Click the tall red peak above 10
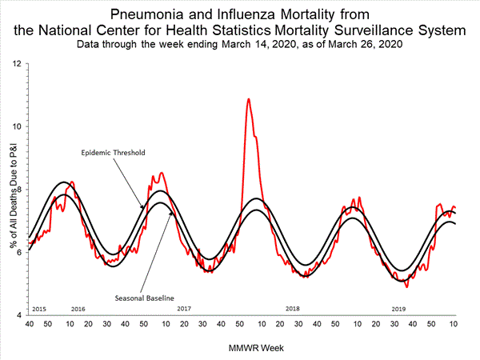(x=249, y=100)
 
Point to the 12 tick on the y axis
(x=18, y=62)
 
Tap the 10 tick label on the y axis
(x=18, y=126)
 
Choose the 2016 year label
(x=78, y=308)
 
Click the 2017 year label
(x=184, y=308)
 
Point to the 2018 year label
(x=292, y=308)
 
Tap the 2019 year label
(x=398, y=308)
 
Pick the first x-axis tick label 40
(x=28, y=326)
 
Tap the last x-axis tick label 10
(x=454, y=326)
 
